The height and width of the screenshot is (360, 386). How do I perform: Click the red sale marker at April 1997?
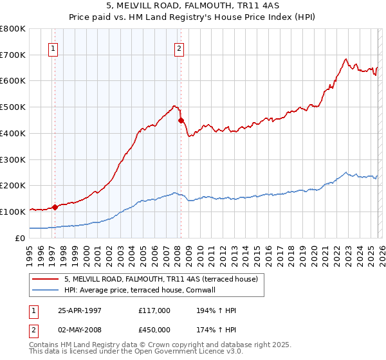pyautogui.click(x=55, y=207)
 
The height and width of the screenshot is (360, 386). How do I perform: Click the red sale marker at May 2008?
pyautogui.click(x=181, y=120)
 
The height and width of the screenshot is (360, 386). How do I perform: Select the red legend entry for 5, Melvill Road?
pyautogui.click(x=161, y=279)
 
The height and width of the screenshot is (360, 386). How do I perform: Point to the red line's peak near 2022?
pyautogui.click(x=346, y=59)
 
